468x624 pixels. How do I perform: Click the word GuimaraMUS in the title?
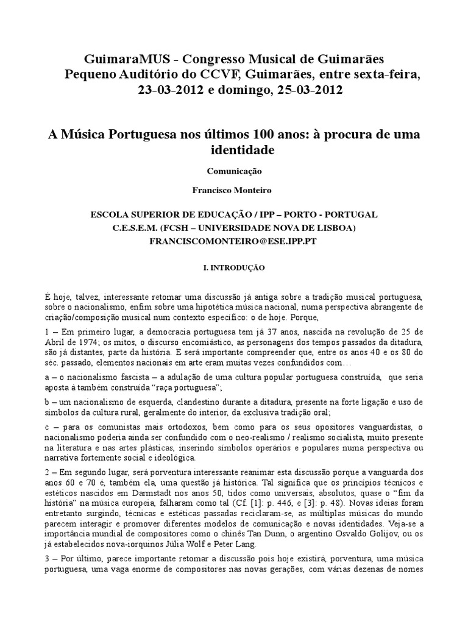point(122,60)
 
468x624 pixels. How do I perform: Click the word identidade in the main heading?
point(234,149)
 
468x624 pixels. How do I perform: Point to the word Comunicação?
point(233,172)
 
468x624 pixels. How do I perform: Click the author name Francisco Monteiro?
point(233,190)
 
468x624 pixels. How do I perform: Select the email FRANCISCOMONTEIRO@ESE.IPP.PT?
point(235,241)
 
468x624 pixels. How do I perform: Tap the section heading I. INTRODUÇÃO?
point(234,267)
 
